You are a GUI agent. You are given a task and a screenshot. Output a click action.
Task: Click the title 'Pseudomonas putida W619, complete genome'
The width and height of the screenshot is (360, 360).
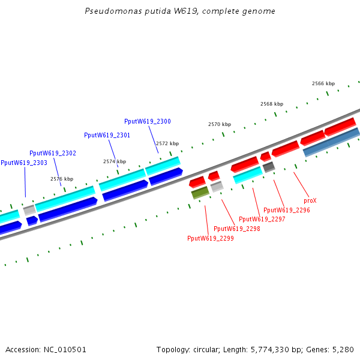pyautogui.click(x=180, y=11)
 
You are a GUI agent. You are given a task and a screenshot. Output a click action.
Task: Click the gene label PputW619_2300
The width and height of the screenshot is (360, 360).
pyautogui.click(x=148, y=121)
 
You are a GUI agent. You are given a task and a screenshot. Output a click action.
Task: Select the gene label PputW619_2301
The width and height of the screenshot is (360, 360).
pyautogui.click(x=107, y=135)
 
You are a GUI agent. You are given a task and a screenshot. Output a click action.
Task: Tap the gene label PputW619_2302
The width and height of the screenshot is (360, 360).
pyautogui.click(x=53, y=153)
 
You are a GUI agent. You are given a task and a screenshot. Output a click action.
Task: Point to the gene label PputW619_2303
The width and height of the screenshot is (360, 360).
pyautogui.click(x=24, y=163)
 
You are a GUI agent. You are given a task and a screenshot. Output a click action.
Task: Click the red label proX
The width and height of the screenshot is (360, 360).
pyautogui.click(x=310, y=200)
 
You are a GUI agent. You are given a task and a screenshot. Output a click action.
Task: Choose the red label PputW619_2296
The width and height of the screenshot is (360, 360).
pyautogui.click(x=287, y=210)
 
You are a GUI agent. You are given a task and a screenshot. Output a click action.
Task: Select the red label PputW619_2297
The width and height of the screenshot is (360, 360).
pyautogui.click(x=262, y=219)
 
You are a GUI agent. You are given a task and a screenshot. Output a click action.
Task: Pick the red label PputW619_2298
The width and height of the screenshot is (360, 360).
pyautogui.click(x=237, y=229)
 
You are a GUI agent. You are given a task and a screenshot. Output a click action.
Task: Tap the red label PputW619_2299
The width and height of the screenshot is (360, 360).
pyautogui.click(x=211, y=238)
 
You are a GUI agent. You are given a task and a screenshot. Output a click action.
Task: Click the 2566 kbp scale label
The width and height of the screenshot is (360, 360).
pyautogui.click(x=323, y=83)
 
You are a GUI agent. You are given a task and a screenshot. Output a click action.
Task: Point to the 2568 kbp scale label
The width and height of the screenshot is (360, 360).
pyautogui.click(x=272, y=104)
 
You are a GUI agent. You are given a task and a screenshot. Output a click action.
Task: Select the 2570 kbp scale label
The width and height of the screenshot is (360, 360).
pyautogui.click(x=220, y=124)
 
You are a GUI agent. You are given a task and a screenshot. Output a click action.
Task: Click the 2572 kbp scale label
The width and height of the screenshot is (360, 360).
pyautogui.click(x=167, y=143)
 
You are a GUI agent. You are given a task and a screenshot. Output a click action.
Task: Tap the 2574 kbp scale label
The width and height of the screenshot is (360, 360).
pyautogui.click(x=115, y=161)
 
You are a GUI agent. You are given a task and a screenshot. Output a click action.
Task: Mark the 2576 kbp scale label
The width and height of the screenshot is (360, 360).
pyautogui.click(x=62, y=179)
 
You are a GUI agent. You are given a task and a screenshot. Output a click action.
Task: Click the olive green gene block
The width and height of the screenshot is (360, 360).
pyautogui.click(x=200, y=193)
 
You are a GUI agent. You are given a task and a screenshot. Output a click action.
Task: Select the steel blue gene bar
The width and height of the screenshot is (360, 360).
pyautogui.click(x=332, y=142)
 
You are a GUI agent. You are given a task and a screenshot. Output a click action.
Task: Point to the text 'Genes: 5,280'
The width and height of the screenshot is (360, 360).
pyautogui.click(x=334, y=349)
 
